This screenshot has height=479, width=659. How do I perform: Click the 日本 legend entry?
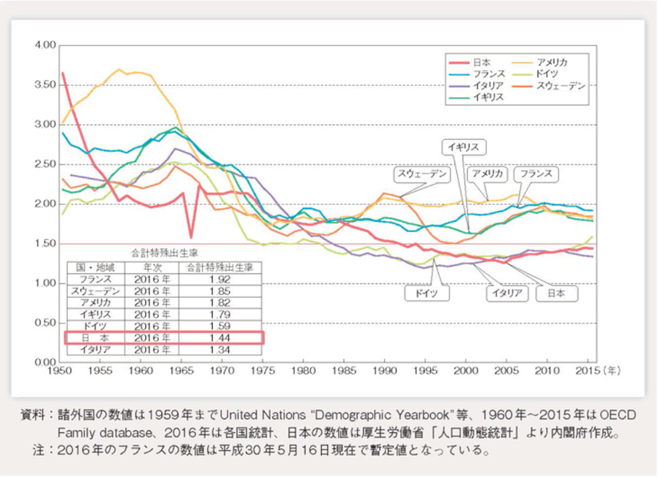[482, 61]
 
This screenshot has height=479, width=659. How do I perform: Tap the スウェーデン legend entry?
[560, 86]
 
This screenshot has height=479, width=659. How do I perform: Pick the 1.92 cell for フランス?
[222, 279]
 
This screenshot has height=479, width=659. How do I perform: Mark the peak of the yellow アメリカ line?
[119, 70]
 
